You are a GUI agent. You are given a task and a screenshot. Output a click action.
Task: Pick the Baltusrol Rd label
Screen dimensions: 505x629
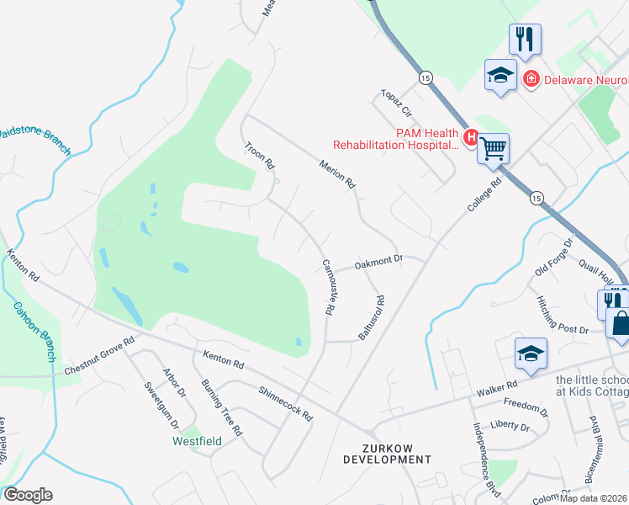[x=370, y=317]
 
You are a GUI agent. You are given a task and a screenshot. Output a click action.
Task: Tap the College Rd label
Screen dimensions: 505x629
[x=484, y=195]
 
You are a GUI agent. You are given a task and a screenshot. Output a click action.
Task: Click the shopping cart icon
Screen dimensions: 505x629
[x=494, y=149]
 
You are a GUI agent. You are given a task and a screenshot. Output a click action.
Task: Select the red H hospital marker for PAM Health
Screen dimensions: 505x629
[x=471, y=136]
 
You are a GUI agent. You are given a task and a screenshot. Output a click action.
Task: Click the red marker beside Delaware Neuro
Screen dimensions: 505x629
[x=531, y=80]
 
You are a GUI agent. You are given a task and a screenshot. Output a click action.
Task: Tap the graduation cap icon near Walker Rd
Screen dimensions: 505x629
[x=531, y=353]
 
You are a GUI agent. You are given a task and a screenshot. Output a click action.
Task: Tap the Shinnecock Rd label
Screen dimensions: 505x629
[x=286, y=404]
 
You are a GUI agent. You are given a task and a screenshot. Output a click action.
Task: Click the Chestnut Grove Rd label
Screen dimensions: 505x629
[x=98, y=357]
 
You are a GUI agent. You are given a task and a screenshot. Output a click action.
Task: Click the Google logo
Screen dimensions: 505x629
[x=28, y=495]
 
